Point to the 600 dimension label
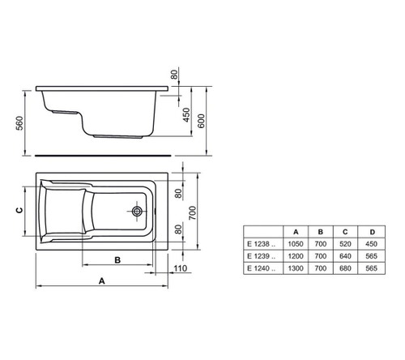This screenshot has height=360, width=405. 212,115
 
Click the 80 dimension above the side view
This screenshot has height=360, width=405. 174,75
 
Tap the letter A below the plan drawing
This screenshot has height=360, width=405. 101,281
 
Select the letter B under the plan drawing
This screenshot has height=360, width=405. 117,261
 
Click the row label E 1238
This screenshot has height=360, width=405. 260,244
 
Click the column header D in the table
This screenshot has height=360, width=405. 371,232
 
